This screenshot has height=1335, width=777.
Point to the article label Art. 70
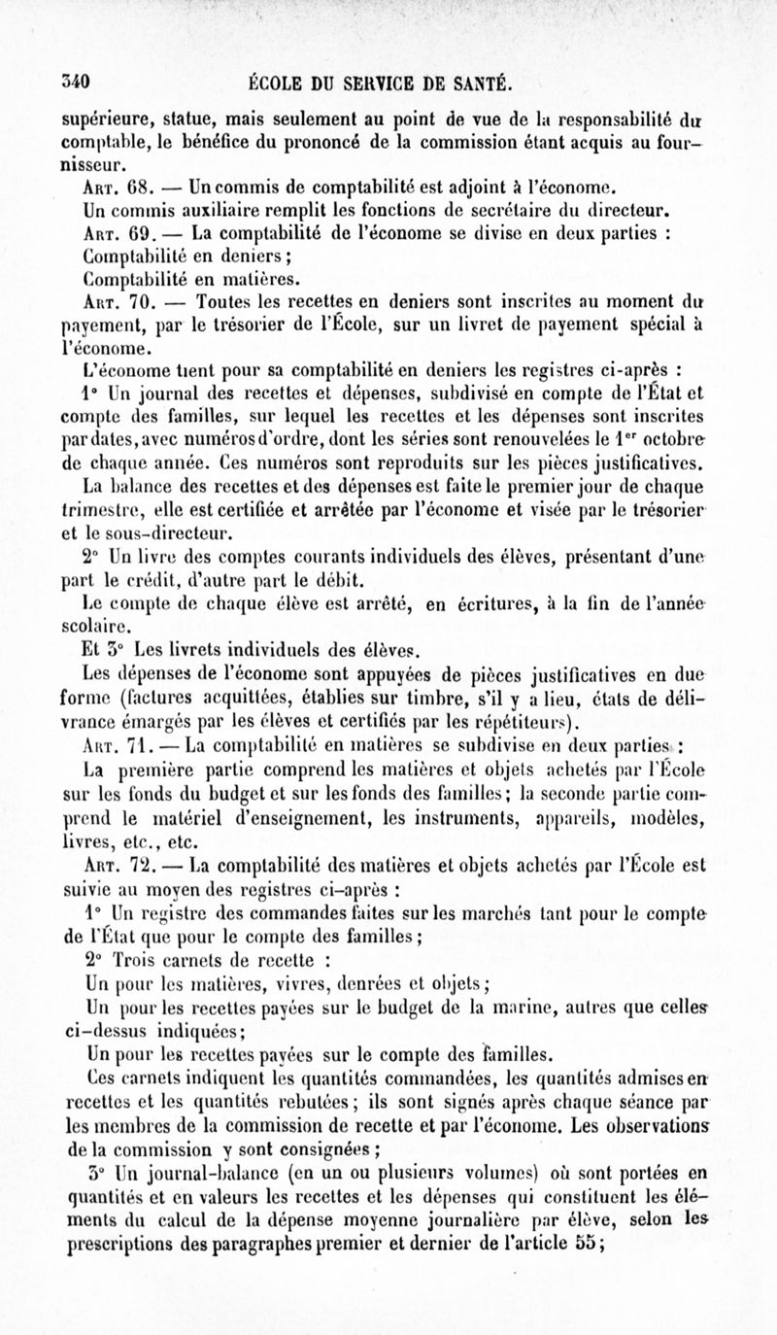117,304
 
